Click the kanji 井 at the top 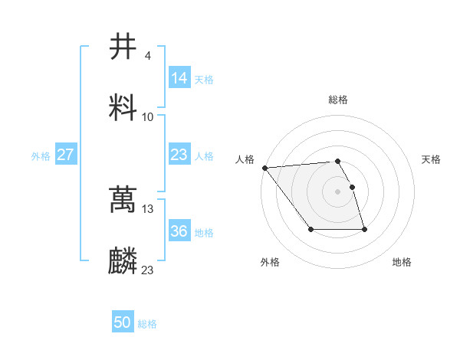[123, 47]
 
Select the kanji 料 [123, 107]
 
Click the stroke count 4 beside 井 [147, 56]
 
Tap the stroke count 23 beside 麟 [148, 270]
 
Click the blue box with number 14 [179, 78]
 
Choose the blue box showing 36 [179, 231]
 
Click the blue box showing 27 [66, 155]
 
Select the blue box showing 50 [123, 322]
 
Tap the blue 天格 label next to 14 [204, 80]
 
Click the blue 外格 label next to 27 [41, 156]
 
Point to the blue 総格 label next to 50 [148, 324]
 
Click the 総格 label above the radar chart [338, 100]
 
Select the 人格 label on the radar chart [245, 159]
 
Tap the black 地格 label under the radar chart [402, 263]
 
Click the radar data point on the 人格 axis [264, 168]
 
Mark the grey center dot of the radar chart [338, 191]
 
